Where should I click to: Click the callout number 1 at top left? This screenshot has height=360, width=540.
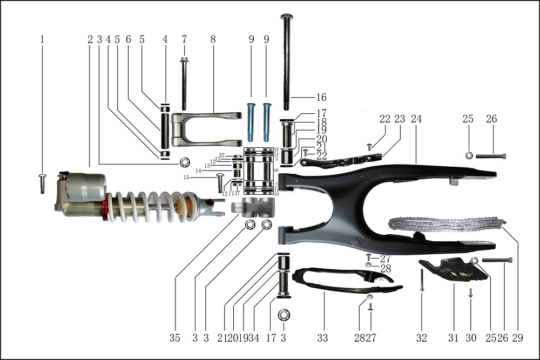tap(42, 39)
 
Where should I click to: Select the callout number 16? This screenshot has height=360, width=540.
tap(321, 98)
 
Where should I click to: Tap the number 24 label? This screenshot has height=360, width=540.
tap(416, 119)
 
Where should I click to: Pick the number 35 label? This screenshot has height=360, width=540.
tap(174, 338)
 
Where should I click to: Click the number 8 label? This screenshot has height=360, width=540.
tap(213, 39)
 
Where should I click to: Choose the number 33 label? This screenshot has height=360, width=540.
tap(322, 338)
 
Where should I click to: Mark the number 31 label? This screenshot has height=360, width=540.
tap(454, 338)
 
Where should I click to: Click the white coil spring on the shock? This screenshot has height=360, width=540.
tap(148, 207)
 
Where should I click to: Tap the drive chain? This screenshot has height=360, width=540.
tap(446, 224)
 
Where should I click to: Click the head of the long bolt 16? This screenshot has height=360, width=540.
tap(286, 16)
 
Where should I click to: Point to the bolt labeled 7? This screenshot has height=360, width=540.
tap(184, 84)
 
